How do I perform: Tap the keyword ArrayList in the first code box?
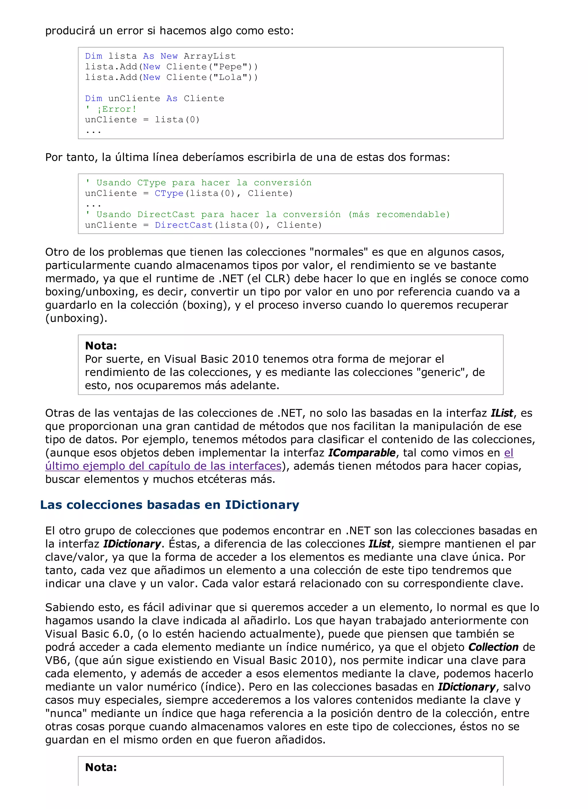pos(210,56)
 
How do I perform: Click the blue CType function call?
pos(169,193)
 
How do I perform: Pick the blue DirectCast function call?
pos(184,225)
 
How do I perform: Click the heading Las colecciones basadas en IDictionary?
pos(170,505)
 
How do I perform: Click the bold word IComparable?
pos(361,453)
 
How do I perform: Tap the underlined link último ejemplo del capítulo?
pos(163,466)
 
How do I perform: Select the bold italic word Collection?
pos(493,647)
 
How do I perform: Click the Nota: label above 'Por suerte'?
pos(101,346)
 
